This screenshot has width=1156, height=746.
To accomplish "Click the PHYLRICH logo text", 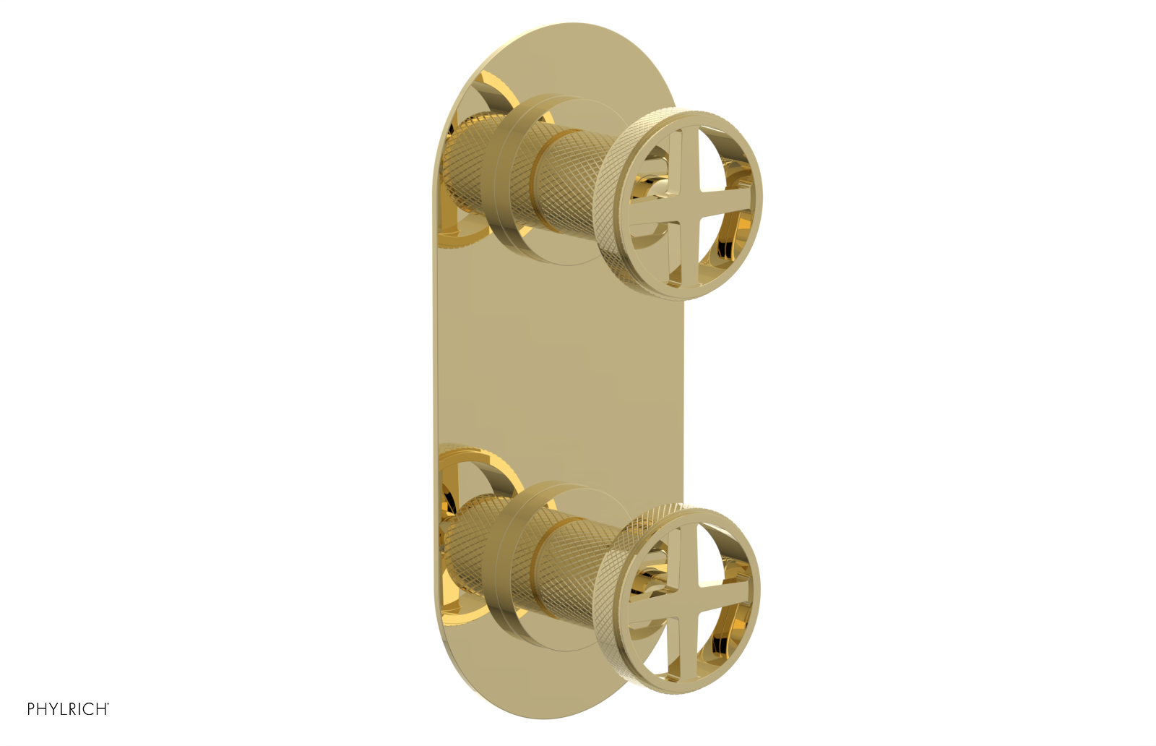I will tap(67, 709).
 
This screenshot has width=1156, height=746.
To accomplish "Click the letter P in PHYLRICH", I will tap(31, 709).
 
